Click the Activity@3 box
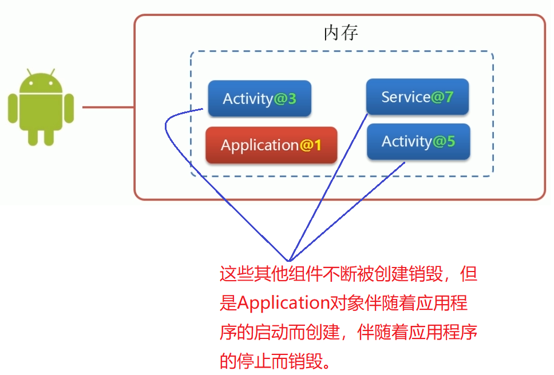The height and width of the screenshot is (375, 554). coord(259,98)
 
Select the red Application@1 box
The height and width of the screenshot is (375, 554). coord(271,145)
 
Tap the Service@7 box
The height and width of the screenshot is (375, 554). coord(417,97)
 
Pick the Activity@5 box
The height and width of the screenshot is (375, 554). coord(418,141)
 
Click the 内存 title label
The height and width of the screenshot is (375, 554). coord(341,33)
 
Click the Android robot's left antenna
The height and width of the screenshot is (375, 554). coord(29,73)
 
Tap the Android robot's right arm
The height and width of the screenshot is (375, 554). coord(69,109)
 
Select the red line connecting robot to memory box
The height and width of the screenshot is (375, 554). coord(108,107)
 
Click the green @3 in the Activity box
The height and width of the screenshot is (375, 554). coord(284,99)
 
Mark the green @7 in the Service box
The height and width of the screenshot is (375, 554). coord(442,97)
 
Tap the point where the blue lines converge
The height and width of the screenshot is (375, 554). coord(291,261)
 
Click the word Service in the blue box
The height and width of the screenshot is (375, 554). coord(405,97)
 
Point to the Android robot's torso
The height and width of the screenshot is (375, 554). coord(41,111)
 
